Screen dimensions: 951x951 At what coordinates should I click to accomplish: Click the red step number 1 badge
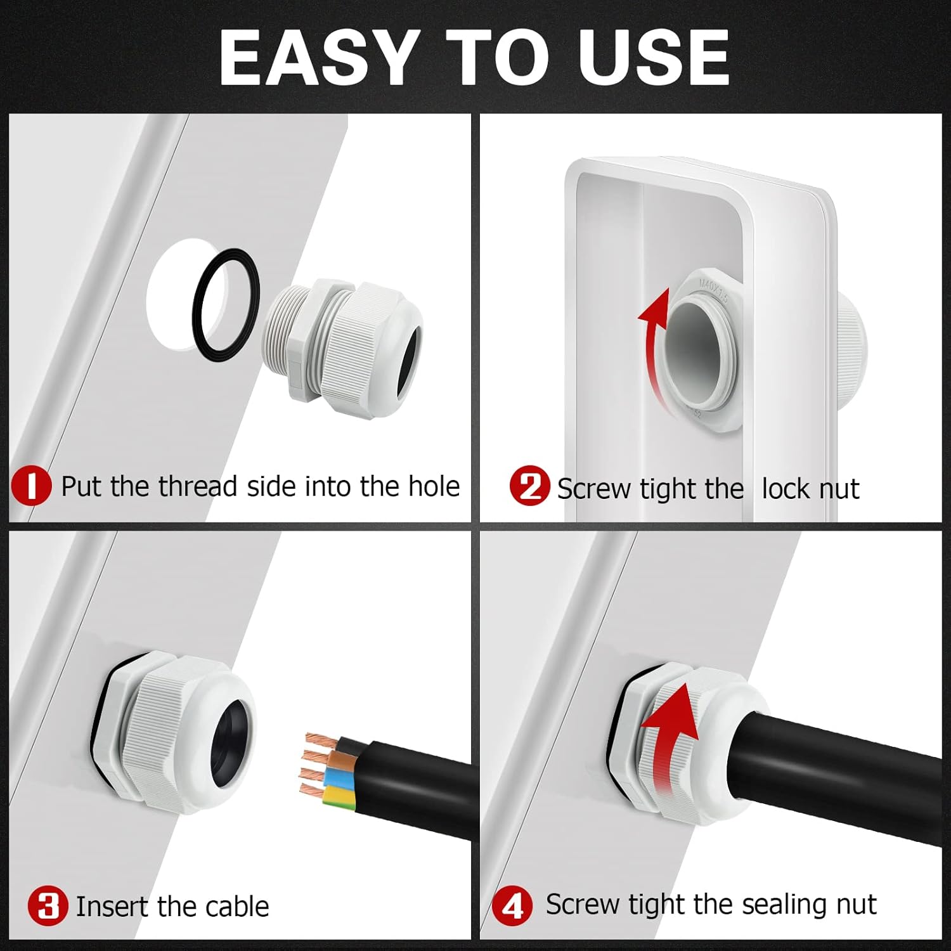(x=31, y=486)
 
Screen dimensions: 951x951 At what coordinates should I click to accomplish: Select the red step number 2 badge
(x=529, y=486)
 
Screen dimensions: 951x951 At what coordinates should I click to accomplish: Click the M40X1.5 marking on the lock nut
(x=714, y=289)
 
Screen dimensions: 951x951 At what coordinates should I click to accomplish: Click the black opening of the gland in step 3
(x=231, y=742)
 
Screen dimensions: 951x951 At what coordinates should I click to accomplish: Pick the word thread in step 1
(x=197, y=486)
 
